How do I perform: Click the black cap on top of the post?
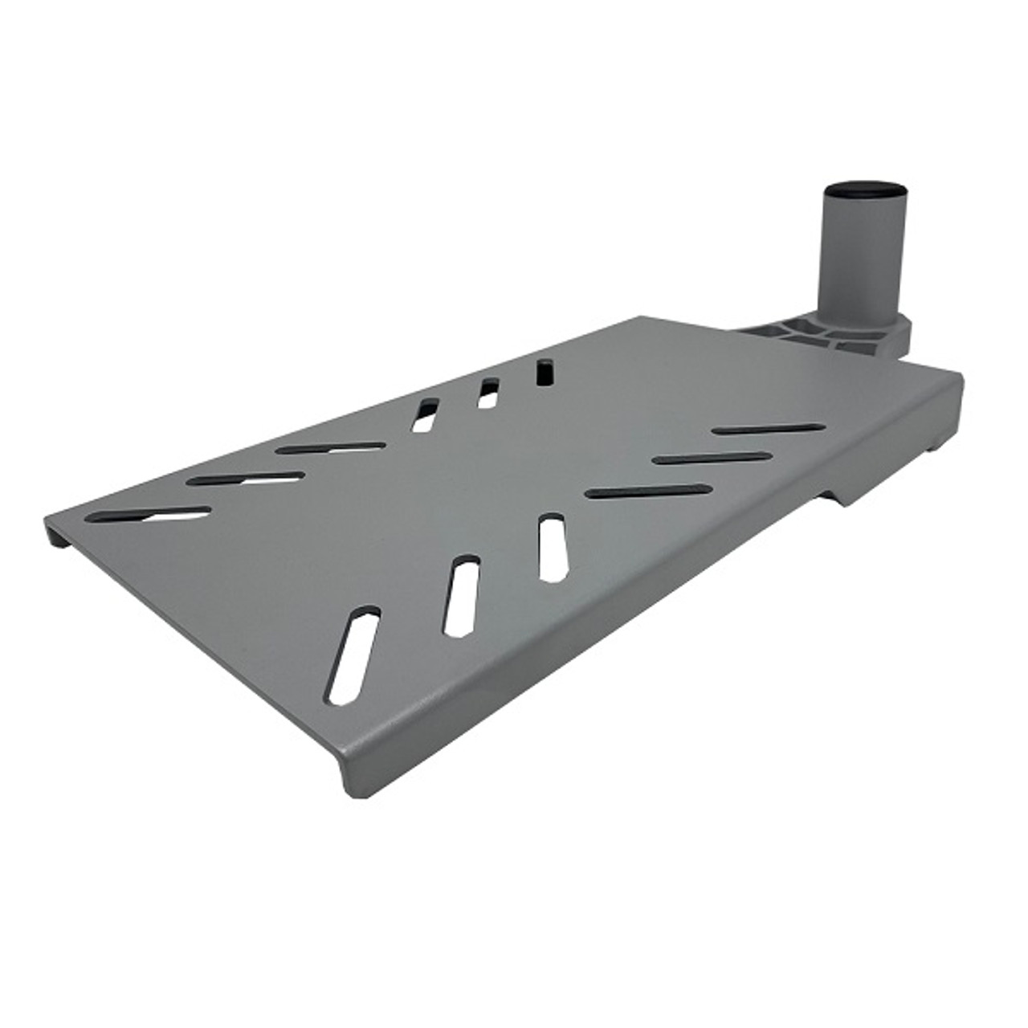864,194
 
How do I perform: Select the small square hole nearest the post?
544,372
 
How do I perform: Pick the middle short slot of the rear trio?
487,394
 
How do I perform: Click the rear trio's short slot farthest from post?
424,415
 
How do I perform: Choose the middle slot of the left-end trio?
249,479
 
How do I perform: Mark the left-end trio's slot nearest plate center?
330,447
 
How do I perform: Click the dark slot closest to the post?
768,429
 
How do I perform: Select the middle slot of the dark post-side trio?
712,459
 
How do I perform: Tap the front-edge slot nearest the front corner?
353,655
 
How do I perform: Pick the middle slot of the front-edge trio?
462,595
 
